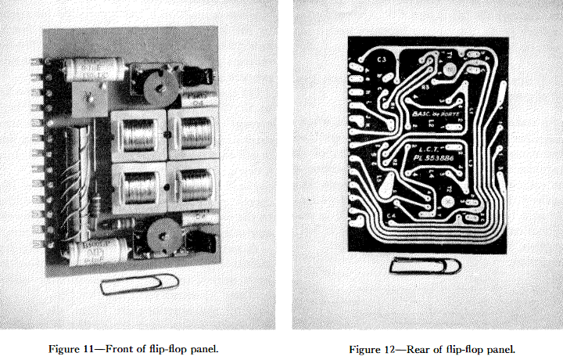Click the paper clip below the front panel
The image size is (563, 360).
coord(139,284)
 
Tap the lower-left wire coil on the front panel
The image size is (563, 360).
coord(138,188)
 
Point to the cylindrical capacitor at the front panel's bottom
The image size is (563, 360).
coord(97,252)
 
